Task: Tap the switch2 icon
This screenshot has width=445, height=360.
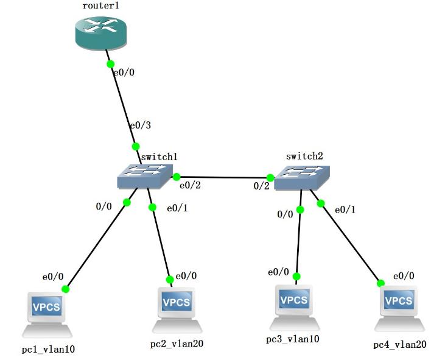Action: coord(302,177)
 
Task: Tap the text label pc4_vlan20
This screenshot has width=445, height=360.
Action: coord(400,345)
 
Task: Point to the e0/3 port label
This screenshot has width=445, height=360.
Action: coord(140,125)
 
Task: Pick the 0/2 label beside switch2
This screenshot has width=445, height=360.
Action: coord(261,186)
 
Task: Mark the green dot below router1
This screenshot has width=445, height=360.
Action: coord(110,63)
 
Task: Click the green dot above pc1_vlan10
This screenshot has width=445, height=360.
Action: coord(65,289)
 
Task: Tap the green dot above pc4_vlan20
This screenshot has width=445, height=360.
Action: coord(380,283)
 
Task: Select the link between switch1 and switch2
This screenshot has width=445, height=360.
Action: coord(223,178)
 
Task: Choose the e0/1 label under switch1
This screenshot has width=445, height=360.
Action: coord(177,208)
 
